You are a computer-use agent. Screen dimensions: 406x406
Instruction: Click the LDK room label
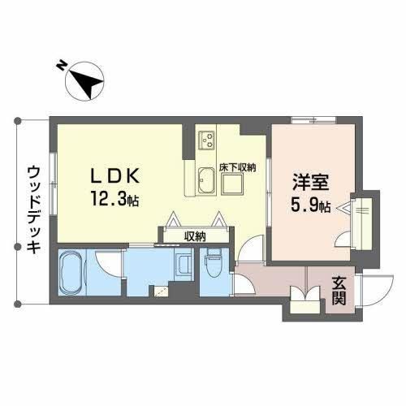pyautogui.click(x=115, y=176)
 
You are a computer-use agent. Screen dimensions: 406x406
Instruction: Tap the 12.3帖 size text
pyautogui.click(x=115, y=199)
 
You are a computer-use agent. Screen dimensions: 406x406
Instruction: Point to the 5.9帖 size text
pyautogui.click(x=310, y=205)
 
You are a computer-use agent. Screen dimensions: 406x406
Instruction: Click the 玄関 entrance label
pyautogui.click(x=339, y=291)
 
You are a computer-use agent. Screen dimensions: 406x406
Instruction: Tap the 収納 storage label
pyautogui.click(x=195, y=237)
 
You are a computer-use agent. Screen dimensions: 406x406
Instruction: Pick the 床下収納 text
pyautogui.click(x=237, y=168)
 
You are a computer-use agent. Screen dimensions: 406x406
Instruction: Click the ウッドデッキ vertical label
pyautogui.click(x=34, y=209)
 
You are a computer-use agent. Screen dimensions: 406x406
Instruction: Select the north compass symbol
pyautogui.click(x=84, y=81)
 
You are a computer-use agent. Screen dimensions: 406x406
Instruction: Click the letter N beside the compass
pyautogui.click(x=62, y=66)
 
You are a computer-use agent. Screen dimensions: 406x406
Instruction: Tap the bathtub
pyautogui.click(x=72, y=273)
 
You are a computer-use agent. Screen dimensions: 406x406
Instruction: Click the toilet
pyautogui.click(x=214, y=263)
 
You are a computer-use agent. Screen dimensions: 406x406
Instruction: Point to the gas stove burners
pyautogui.click(x=207, y=140)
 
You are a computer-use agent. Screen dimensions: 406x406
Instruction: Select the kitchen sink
pyautogui.click(x=207, y=181)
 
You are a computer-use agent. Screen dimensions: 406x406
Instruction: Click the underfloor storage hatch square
pyautogui.click(x=232, y=184)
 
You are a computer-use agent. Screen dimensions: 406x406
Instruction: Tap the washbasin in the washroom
pyautogui.click(x=184, y=266)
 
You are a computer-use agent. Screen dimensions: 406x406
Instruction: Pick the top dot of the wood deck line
pyautogui.click(x=18, y=120)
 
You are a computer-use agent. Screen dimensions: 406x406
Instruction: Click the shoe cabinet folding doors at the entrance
pyautogui.click(x=305, y=294)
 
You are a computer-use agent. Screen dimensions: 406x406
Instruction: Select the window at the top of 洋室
pyautogui.click(x=313, y=120)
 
